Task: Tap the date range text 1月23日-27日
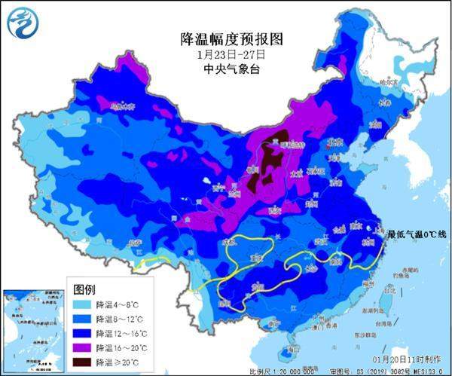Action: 225,55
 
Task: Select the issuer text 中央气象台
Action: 225,69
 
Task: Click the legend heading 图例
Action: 84,289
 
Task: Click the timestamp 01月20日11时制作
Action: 407,361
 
